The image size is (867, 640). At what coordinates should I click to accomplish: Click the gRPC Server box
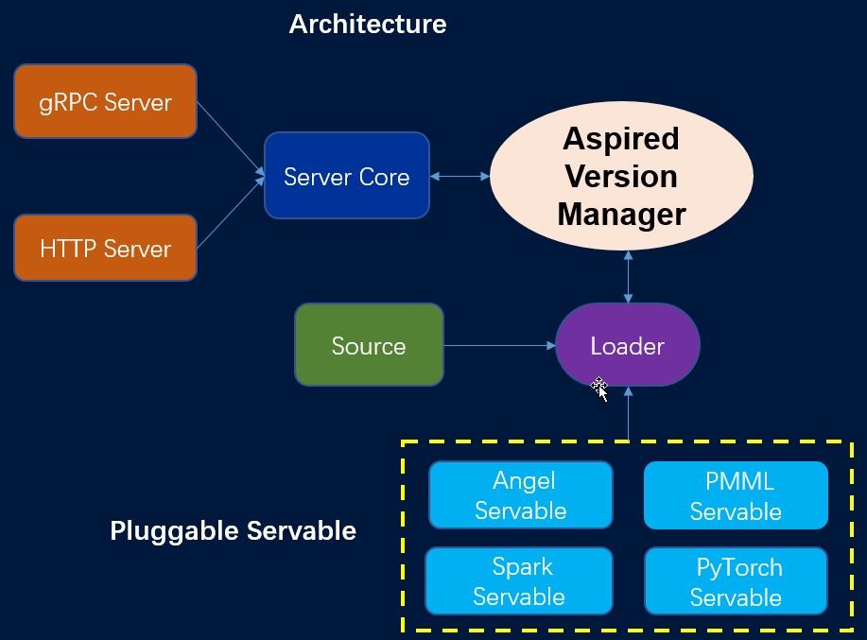[x=105, y=101]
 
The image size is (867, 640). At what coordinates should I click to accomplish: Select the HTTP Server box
[x=105, y=248]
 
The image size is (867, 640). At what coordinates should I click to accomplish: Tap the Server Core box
[x=346, y=177]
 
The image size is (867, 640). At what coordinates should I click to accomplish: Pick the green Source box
[x=369, y=345]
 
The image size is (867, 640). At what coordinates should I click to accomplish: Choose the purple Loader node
[x=627, y=345]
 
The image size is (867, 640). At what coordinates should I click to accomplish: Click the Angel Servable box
[x=521, y=495]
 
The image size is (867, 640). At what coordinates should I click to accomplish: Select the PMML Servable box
[x=736, y=495]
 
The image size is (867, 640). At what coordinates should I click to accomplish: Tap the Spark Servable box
[x=519, y=581]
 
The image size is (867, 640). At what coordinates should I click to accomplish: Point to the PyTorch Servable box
[x=736, y=581]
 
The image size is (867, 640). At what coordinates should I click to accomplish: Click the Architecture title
[x=367, y=24]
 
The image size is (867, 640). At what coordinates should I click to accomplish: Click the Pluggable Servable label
[x=233, y=530]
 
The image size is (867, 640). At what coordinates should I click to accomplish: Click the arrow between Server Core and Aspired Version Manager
[x=459, y=177]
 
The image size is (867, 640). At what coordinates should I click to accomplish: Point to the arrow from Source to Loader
[x=499, y=346]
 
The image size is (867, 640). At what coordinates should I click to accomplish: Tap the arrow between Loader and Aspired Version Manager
[x=628, y=276]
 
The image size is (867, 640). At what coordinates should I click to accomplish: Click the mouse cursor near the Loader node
[x=599, y=388]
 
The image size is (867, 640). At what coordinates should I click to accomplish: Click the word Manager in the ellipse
[x=621, y=215]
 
